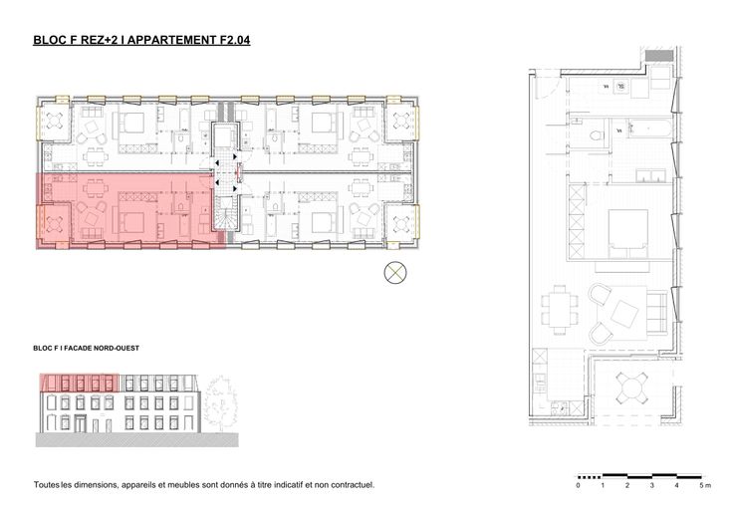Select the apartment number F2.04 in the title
235,40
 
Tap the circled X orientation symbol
395,272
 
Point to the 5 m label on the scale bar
705,485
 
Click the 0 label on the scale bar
579,485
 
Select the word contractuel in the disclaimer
352,485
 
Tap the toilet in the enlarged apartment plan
596,135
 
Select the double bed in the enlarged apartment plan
627,234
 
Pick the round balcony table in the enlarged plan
631,388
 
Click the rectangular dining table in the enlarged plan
560,310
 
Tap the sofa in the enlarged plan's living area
656,312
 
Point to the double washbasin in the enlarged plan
650,175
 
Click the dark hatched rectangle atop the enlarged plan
659,55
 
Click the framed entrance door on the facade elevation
80,423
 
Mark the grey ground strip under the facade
137,440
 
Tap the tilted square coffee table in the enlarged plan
624,314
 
